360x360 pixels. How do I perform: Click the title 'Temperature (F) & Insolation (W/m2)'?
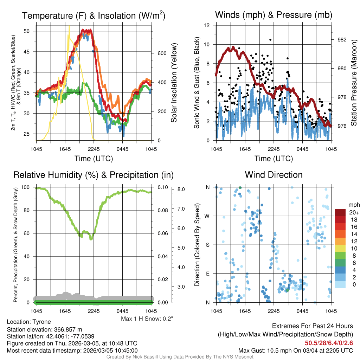coord(94,15)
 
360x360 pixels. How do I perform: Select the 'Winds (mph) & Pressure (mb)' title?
coord(274,15)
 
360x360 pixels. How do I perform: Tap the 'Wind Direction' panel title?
coord(274,175)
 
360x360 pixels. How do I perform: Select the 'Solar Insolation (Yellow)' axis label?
coord(174,83)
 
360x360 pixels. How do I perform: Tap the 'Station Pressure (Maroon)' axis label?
coord(354,83)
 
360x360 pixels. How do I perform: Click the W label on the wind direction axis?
coord(207,216)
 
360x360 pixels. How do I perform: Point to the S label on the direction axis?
coord(207,245)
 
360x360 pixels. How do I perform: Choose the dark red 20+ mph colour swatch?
coord(340,212)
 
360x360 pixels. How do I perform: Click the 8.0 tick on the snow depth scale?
coord(181,189)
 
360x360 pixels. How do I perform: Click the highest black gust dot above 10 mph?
coord(270,40)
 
